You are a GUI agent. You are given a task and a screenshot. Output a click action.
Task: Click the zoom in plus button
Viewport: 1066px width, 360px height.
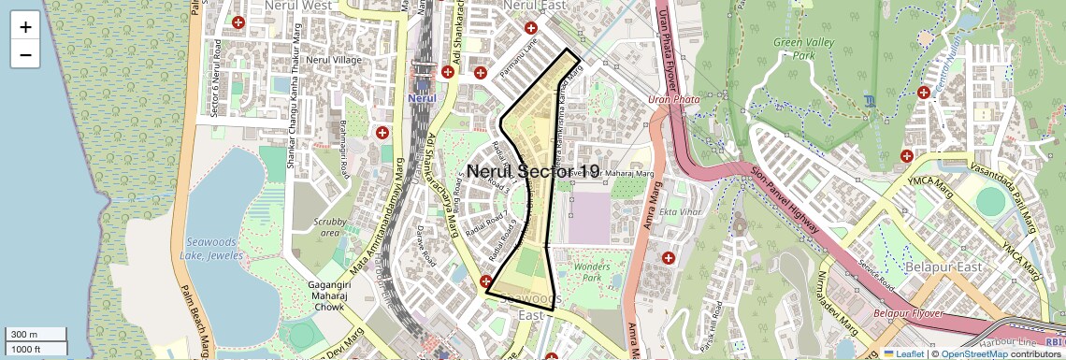coord(25,27)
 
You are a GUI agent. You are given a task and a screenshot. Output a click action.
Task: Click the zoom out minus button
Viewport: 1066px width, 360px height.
coord(25,54)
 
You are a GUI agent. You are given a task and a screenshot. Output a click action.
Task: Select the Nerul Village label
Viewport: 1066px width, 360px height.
coord(334,60)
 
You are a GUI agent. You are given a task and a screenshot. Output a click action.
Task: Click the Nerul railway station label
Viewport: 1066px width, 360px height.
coord(423,97)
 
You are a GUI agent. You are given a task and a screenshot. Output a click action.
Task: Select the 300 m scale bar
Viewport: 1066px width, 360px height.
coord(36,335)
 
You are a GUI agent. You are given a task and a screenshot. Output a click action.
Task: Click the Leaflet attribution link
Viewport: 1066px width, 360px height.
coord(903,353)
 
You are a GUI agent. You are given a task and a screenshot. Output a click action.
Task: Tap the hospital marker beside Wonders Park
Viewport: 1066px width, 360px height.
coord(668,257)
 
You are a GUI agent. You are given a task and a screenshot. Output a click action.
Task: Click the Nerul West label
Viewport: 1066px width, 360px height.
coord(297,6)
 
